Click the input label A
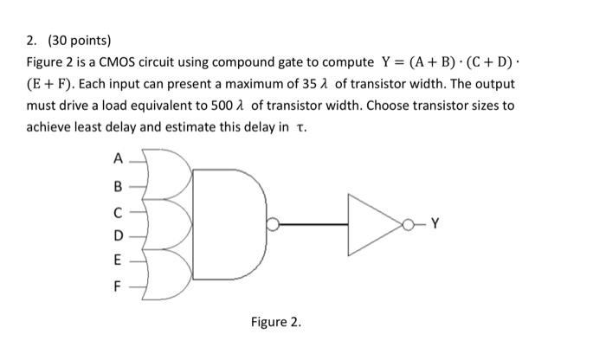(118, 159)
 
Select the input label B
(118, 183)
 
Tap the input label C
(118, 209)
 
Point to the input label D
(118, 234)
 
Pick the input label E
(118, 259)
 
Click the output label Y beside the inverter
(435, 222)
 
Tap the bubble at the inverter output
(408, 223)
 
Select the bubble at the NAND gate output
(273, 223)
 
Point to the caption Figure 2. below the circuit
(276, 322)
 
